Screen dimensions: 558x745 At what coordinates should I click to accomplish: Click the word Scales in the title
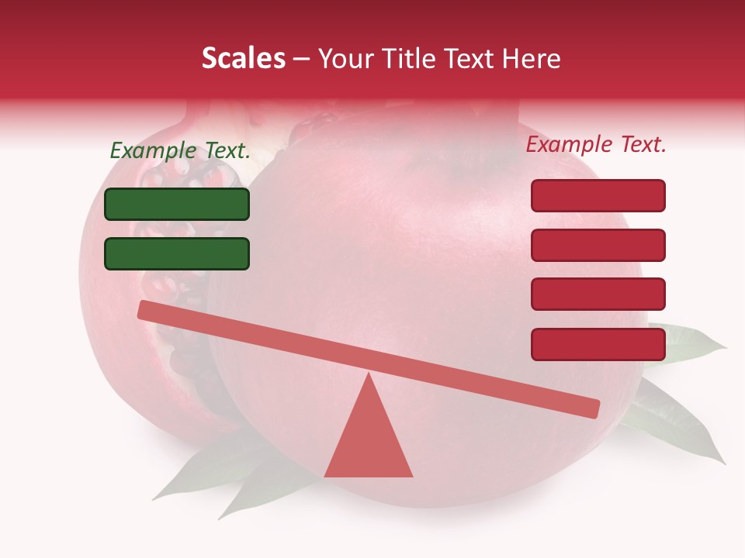(243, 59)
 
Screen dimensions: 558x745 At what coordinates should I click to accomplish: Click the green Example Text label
(180, 151)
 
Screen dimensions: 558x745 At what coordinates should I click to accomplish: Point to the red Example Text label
(596, 144)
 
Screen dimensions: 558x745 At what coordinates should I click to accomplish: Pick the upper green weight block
(177, 204)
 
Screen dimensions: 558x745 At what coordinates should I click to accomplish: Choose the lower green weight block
(177, 253)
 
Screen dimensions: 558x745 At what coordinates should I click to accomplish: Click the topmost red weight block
(598, 195)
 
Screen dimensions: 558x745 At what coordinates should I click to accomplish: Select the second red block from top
(598, 245)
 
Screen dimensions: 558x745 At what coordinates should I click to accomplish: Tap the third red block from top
(598, 294)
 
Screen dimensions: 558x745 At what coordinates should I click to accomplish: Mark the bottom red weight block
(598, 344)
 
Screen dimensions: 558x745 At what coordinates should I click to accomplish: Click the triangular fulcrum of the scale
(369, 442)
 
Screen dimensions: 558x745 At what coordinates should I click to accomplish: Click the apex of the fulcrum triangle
(369, 375)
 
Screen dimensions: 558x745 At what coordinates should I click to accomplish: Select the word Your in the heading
(345, 59)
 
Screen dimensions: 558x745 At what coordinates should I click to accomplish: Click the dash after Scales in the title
(301, 59)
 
